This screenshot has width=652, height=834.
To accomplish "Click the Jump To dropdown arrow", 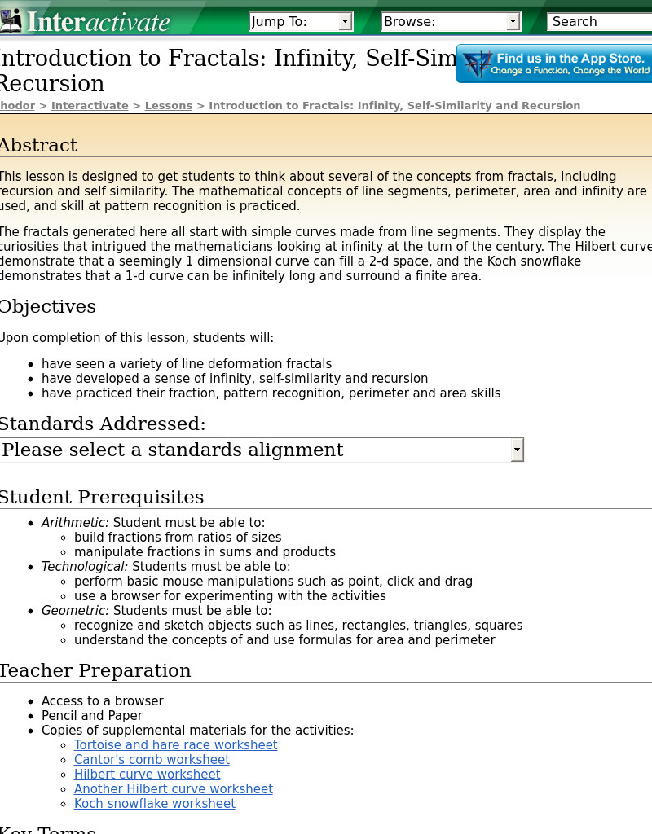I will [x=346, y=22].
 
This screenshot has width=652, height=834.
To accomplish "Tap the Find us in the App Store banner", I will [x=554, y=64].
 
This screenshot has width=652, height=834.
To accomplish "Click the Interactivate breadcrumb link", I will [x=90, y=106].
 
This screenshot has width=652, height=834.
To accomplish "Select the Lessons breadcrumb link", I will [x=169, y=106].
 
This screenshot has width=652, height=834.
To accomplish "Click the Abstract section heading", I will [x=38, y=146].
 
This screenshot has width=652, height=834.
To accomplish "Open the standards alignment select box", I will [x=261, y=450].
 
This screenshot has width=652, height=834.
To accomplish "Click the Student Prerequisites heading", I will [x=101, y=497].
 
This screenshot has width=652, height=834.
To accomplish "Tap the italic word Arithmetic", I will [x=75, y=523].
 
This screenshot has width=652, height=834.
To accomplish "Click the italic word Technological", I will [x=85, y=567].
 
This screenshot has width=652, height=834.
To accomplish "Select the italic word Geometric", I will [x=75, y=611].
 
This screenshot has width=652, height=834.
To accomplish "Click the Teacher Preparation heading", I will [x=95, y=671].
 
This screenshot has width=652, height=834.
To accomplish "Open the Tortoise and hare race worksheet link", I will [x=176, y=745].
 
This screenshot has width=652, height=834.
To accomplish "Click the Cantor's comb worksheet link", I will [x=152, y=760].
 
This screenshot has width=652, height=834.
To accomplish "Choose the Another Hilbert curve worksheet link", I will [x=174, y=789].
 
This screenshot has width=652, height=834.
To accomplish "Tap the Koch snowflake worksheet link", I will [x=155, y=804].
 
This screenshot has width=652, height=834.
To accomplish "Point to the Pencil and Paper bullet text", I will [x=92, y=716].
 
